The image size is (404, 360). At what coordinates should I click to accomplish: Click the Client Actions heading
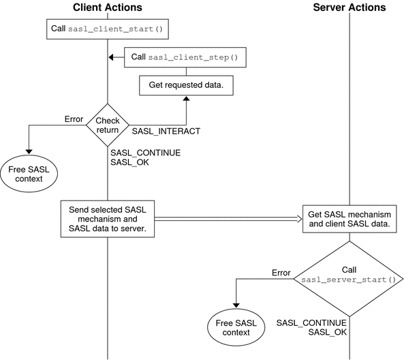point(107,8)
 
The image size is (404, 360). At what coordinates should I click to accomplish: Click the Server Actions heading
point(349,8)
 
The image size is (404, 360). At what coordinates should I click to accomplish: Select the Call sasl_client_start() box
point(108,30)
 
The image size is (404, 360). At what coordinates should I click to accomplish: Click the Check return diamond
point(107,124)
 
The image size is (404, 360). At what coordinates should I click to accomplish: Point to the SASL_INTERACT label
point(166,130)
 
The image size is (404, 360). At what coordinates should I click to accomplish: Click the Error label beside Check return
point(74,118)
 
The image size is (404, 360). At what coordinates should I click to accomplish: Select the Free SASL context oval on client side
point(29,172)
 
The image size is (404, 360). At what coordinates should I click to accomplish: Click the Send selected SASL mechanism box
point(108,218)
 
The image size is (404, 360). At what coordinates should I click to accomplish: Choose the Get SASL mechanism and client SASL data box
point(349,220)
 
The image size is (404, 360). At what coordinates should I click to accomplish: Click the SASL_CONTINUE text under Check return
point(145,153)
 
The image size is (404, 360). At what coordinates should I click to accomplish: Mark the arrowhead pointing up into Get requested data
point(186,100)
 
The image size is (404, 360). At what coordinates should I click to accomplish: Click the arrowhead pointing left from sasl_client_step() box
point(112,58)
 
